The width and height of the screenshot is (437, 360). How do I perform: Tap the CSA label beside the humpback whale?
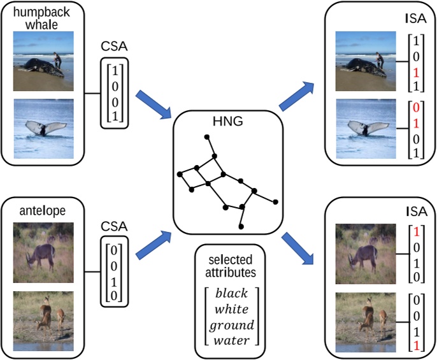114,47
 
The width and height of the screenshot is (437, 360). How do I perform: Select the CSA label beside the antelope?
114,226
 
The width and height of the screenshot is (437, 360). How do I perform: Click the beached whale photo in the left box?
43,62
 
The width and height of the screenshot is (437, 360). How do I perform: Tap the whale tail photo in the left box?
43,128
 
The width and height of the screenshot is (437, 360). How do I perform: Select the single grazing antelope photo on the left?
43,252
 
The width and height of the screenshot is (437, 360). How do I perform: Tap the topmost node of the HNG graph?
205,136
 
